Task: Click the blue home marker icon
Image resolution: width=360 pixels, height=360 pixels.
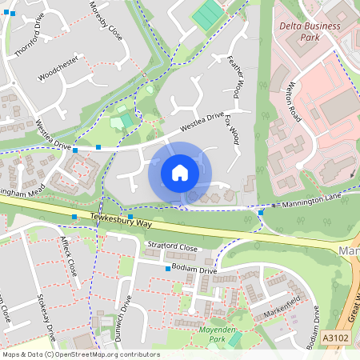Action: coord(180,173)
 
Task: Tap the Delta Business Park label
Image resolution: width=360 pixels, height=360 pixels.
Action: coord(310,31)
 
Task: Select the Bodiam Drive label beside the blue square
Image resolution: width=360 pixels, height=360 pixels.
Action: coord(194,270)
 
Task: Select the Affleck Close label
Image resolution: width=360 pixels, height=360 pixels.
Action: coord(69,257)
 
